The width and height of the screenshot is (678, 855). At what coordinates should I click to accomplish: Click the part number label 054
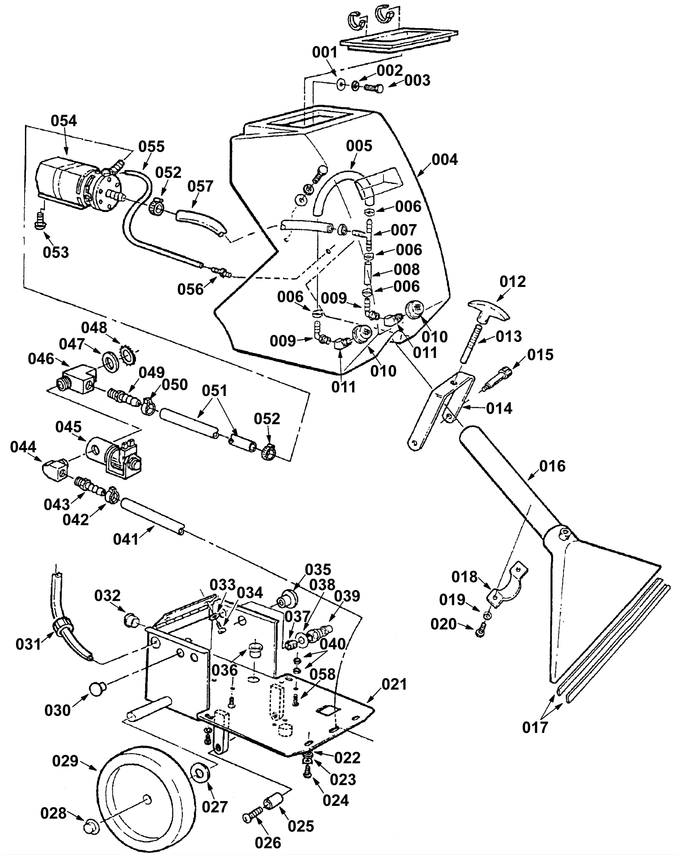tap(64, 121)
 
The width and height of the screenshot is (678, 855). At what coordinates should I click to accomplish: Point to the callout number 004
tap(445, 160)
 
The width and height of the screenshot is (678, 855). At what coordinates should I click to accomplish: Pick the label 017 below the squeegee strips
tap(535, 727)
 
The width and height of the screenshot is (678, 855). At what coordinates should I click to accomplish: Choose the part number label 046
tap(41, 359)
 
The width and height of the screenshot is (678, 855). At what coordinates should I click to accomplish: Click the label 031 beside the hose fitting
tap(29, 644)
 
